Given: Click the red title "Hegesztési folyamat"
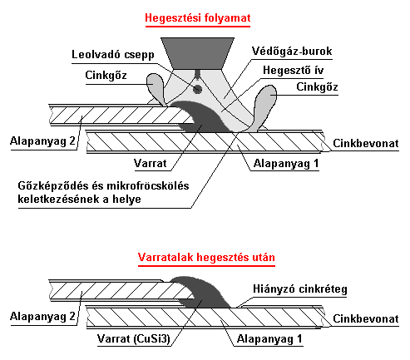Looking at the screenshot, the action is [198, 18].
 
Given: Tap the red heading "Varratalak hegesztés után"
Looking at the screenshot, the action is [206, 257].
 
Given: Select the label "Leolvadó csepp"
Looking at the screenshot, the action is [113, 54].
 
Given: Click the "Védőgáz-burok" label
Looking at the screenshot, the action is [292, 51].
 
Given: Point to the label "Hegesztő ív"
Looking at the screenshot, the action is [294, 70].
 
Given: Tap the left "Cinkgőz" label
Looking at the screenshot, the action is [106, 75].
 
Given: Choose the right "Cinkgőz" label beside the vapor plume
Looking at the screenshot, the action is [317, 86].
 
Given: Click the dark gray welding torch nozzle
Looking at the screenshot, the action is [198, 53].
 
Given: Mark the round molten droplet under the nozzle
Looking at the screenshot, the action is [197, 89].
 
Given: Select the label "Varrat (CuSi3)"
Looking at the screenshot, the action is [133, 338].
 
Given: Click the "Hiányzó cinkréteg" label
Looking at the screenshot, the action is [300, 289].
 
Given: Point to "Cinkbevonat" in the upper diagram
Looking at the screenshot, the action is [366, 143].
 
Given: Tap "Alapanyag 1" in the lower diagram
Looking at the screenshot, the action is [269, 338].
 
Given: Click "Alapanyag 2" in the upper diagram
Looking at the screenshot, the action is [42, 141].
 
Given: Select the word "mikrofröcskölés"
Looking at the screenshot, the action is [148, 185].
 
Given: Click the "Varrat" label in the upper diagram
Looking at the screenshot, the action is [151, 163].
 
